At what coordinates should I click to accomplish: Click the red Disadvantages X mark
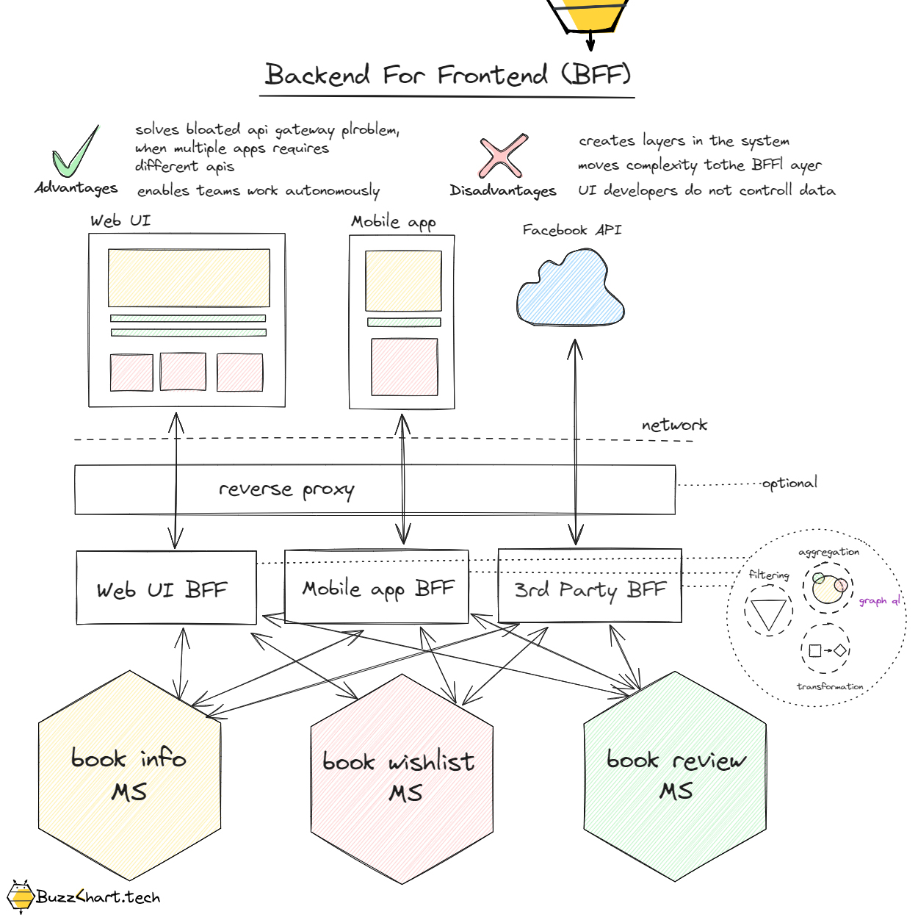[x=503, y=156]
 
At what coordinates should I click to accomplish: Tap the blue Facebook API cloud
[x=571, y=290]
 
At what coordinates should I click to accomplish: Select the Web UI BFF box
[x=166, y=589]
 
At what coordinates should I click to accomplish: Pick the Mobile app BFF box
[x=376, y=587]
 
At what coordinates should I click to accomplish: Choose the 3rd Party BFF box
[x=590, y=589]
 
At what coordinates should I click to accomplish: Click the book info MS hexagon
[x=129, y=775]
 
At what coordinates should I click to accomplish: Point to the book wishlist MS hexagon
[x=401, y=778]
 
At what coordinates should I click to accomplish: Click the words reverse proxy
[x=286, y=489]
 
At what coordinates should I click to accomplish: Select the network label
[x=673, y=425]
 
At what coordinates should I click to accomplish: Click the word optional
[x=789, y=484]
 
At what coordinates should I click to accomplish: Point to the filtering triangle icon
[x=768, y=614]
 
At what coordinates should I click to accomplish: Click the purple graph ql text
[x=879, y=601]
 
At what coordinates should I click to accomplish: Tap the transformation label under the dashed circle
[x=830, y=686]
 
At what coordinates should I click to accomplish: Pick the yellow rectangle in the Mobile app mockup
[x=403, y=281]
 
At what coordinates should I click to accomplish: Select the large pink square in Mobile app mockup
[x=404, y=367]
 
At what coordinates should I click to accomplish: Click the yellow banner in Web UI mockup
[x=189, y=278]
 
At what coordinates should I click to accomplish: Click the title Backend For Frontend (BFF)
[x=447, y=75]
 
